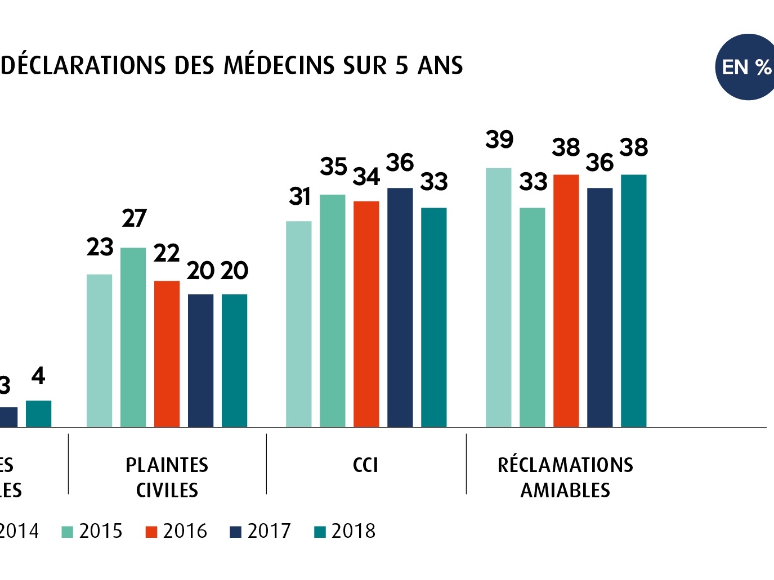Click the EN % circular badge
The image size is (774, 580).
pyautogui.click(x=746, y=67)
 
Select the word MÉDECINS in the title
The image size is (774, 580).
pyautogui.click(x=280, y=65)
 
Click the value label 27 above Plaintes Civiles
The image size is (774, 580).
pyautogui.click(x=134, y=218)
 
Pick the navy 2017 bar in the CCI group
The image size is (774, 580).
pyautogui.click(x=400, y=307)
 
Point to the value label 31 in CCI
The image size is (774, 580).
pyautogui.click(x=300, y=196)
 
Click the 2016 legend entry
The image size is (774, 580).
pyautogui.click(x=176, y=531)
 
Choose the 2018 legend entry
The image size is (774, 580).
pyautogui.click(x=345, y=531)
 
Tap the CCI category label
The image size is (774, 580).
pyautogui.click(x=365, y=465)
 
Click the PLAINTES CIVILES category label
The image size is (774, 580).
pyautogui.click(x=167, y=478)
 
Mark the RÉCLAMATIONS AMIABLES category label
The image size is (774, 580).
pyautogui.click(x=565, y=478)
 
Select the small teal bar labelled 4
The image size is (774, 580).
pyautogui.click(x=38, y=413)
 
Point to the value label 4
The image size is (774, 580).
pyautogui.click(x=38, y=376)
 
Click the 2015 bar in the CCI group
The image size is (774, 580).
pyautogui.click(x=332, y=311)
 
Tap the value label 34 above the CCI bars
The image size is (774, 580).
pyautogui.click(x=366, y=177)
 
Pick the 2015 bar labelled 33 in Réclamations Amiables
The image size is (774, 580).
pyautogui.click(x=532, y=317)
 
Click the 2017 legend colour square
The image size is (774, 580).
pyautogui.click(x=235, y=532)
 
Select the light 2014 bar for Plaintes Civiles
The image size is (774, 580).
pyautogui.click(x=99, y=350)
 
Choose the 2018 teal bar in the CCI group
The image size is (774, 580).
pyautogui.click(x=433, y=317)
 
